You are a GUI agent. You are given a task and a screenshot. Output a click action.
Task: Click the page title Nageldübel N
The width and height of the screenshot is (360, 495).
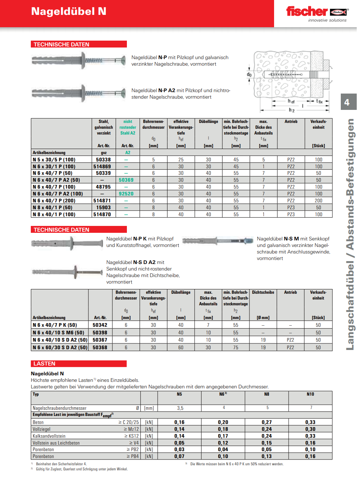tap(69, 12)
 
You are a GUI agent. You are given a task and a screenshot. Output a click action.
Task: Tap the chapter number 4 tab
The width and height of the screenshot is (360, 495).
tap(347, 102)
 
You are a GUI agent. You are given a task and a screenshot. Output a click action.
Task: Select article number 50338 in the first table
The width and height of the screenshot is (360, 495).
tap(103, 160)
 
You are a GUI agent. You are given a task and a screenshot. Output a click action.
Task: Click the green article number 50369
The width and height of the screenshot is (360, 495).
tap(126, 180)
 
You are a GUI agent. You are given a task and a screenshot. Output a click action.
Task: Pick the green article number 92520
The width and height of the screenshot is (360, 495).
tap(126, 194)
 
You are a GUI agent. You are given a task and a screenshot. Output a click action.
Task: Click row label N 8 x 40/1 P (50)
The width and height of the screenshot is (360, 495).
tap(53, 208)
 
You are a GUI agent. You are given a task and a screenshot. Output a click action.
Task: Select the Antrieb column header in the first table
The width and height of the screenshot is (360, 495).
tap(291, 122)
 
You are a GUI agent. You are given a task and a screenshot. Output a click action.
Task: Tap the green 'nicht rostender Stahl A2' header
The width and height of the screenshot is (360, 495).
tap(128, 127)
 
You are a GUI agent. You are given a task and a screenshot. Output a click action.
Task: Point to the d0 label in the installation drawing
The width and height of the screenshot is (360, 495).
tap(249, 75)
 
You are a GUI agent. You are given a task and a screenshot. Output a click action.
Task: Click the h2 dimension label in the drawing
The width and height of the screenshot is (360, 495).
tap(291, 110)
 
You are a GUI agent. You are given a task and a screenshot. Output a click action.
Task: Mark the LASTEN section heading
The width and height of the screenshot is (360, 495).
tap(44, 364)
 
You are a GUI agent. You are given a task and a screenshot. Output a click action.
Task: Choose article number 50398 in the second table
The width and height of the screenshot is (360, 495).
tap(100, 333)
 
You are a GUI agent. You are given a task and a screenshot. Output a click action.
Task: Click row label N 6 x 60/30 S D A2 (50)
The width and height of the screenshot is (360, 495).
tap(60, 348)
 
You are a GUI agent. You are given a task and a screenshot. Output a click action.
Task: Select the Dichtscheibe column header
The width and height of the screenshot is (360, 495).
tap(263, 293)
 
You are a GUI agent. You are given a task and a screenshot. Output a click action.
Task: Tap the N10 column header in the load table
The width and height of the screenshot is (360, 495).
tap(310, 394)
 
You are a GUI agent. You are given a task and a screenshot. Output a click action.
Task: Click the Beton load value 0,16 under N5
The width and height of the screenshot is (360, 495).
tap(179, 422)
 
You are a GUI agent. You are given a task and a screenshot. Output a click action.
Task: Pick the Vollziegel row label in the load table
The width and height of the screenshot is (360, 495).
tap(42, 429)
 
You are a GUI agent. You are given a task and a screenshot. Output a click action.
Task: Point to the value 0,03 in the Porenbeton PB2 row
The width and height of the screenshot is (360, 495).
tap(179, 450)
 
